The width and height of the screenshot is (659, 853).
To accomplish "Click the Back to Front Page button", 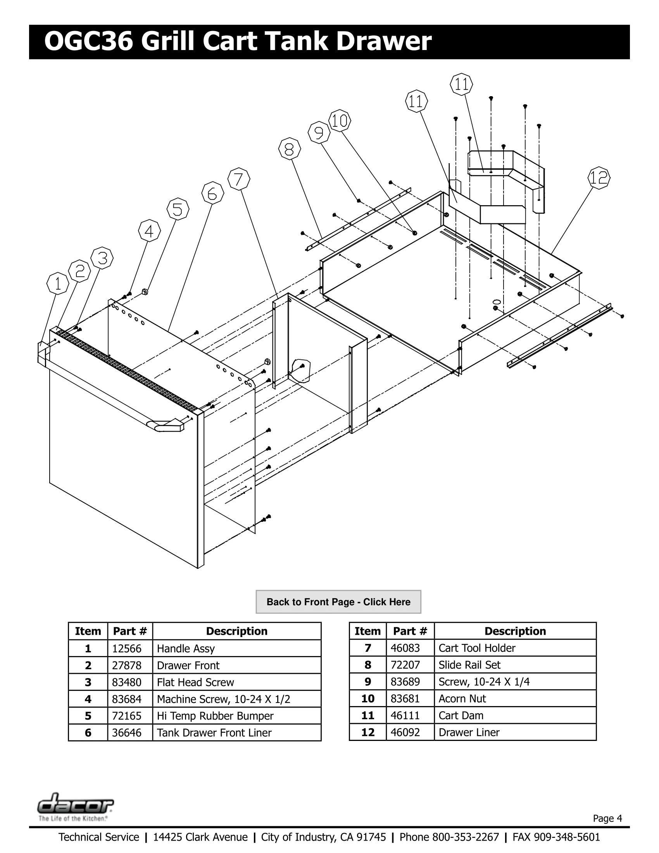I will coord(338,602).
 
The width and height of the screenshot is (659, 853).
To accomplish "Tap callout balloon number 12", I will coord(599,178).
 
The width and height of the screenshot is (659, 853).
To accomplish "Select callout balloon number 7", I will coord(239,179).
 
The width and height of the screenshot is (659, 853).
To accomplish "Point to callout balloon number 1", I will coord(58,283).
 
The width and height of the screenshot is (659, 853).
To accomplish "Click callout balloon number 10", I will coord(339,120).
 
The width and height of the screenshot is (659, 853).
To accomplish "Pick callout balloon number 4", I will coord(149,231).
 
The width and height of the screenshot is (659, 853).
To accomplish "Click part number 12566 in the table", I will coord(126,649).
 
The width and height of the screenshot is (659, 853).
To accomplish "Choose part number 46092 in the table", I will coord(405,732).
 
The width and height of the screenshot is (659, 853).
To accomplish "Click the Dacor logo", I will coord(75,803).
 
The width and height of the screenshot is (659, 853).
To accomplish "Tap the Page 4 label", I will coord(607,818).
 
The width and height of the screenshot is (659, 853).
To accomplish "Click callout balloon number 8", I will coord(289,149).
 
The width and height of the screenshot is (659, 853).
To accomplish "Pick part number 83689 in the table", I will coord(405,682).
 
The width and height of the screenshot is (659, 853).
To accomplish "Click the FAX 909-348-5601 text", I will coord(556,837).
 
